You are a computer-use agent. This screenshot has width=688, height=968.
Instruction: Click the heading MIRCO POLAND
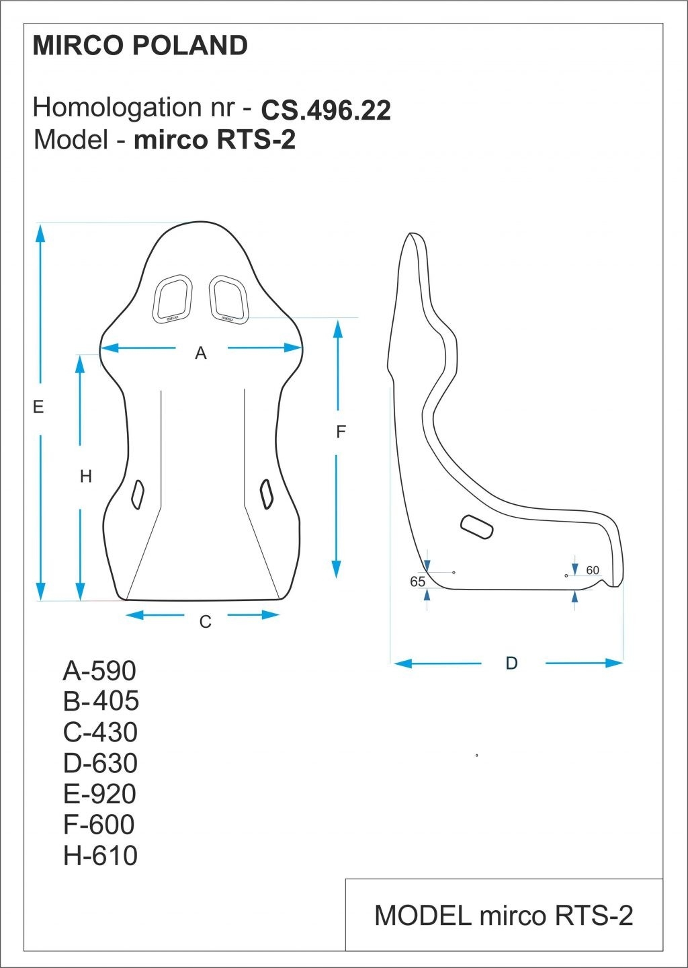(x=140, y=46)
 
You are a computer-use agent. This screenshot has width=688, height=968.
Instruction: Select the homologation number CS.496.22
(x=326, y=111)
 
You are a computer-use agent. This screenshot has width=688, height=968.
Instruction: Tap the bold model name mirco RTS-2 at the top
(x=215, y=140)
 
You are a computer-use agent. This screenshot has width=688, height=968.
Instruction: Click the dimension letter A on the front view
(x=200, y=354)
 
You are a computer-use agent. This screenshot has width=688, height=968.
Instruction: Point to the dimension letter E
(x=38, y=407)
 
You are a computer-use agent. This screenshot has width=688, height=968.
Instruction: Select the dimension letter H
(x=86, y=477)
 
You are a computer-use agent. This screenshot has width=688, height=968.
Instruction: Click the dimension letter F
(x=341, y=432)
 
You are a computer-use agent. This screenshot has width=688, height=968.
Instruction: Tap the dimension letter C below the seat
(x=206, y=622)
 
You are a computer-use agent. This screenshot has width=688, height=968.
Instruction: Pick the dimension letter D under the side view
(x=511, y=663)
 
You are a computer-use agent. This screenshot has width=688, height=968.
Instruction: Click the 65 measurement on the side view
(x=417, y=581)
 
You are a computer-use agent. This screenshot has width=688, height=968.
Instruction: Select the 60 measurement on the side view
(x=593, y=571)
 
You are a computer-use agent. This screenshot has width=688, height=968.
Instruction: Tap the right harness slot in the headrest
(x=228, y=298)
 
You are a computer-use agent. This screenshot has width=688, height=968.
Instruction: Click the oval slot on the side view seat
(x=477, y=526)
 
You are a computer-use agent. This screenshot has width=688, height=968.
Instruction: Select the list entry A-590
(x=99, y=671)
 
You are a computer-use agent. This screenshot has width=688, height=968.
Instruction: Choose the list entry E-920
(x=99, y=794)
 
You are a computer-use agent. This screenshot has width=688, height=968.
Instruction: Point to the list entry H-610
(x=100, y=856)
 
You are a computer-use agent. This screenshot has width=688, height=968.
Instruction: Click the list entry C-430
(x=100, y=732)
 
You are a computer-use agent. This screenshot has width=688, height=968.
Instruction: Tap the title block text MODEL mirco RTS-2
(x=504, y=916)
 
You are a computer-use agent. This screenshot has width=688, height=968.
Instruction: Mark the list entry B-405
(x=101, y=701)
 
